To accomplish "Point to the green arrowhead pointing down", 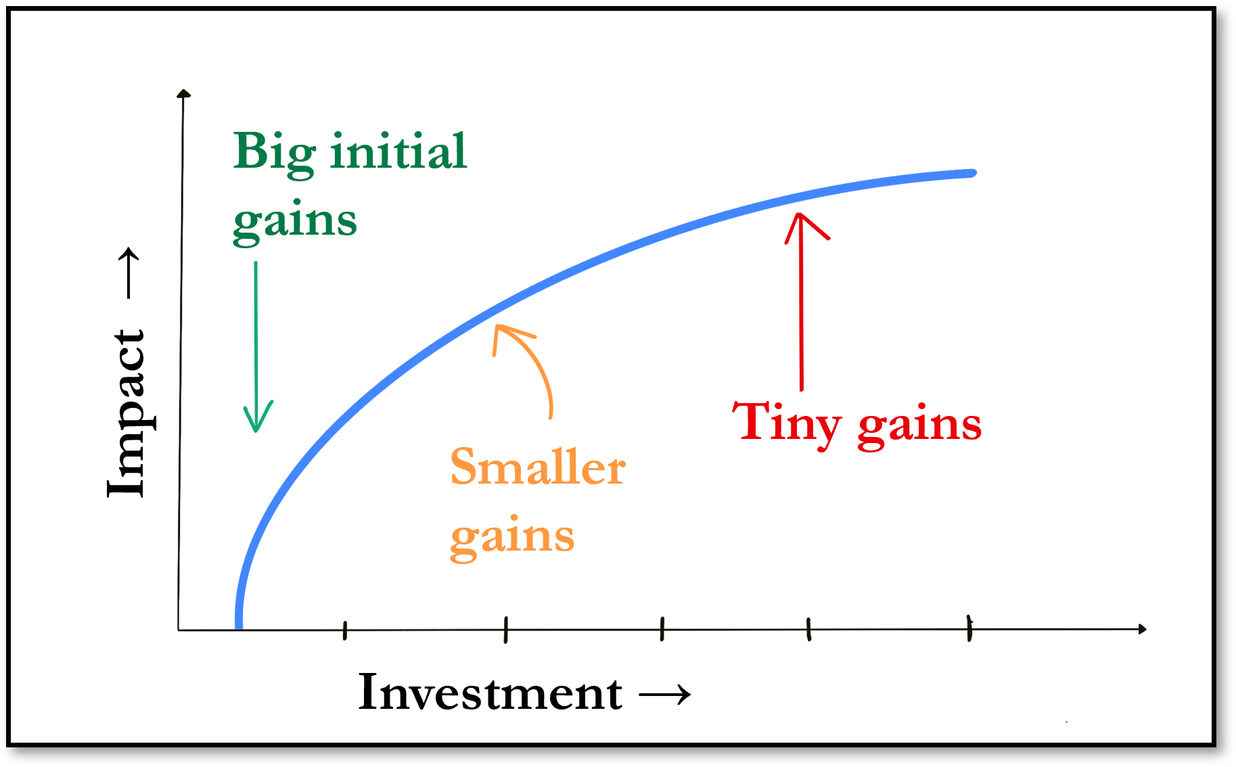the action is tap(258, 416).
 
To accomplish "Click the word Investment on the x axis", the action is tap(490, 693).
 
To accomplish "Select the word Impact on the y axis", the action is tap(127, 413).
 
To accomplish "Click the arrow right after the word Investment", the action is tap(665, 695).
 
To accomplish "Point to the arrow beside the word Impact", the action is tap(129, 273).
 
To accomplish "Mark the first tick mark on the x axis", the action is tap(345, 630).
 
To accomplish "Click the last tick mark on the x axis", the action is tap(969, 628).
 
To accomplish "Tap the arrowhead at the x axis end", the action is tap(1142, 629).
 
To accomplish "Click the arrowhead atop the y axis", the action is tap(183, 93).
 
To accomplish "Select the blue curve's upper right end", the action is tap(973, 173).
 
